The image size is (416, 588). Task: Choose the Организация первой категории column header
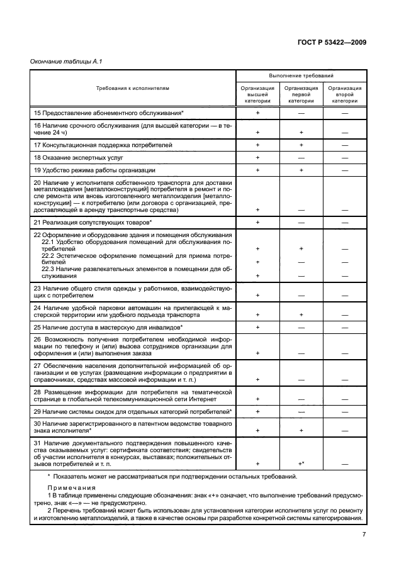[x=301, y=94]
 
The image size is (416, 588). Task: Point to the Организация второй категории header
[x=344, y=94]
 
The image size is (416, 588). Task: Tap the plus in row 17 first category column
[x=301, y=145]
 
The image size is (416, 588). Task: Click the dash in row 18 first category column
[x=301, y=157]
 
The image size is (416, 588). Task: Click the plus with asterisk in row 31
[x=301, y=463]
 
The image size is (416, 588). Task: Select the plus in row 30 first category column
[x=301, y=430]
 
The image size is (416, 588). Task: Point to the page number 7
[x=364, y=535]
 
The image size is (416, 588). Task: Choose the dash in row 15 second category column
[x=344, y=113]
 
